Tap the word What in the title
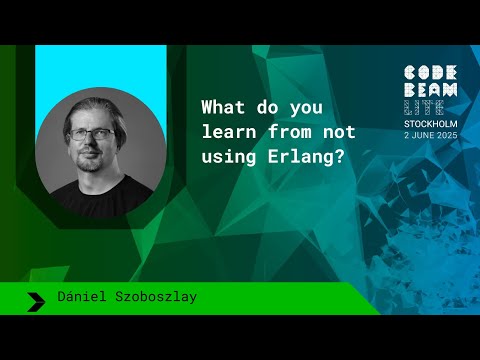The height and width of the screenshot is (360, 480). pyautogui.click(x=221, y=105)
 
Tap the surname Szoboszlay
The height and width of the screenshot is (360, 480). pyautogui.click(x=156, y=298)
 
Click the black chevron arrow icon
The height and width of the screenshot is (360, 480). pyautogui.click(x=37, y=299)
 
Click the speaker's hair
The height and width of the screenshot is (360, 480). pyautogui.click(x=94, y=107)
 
